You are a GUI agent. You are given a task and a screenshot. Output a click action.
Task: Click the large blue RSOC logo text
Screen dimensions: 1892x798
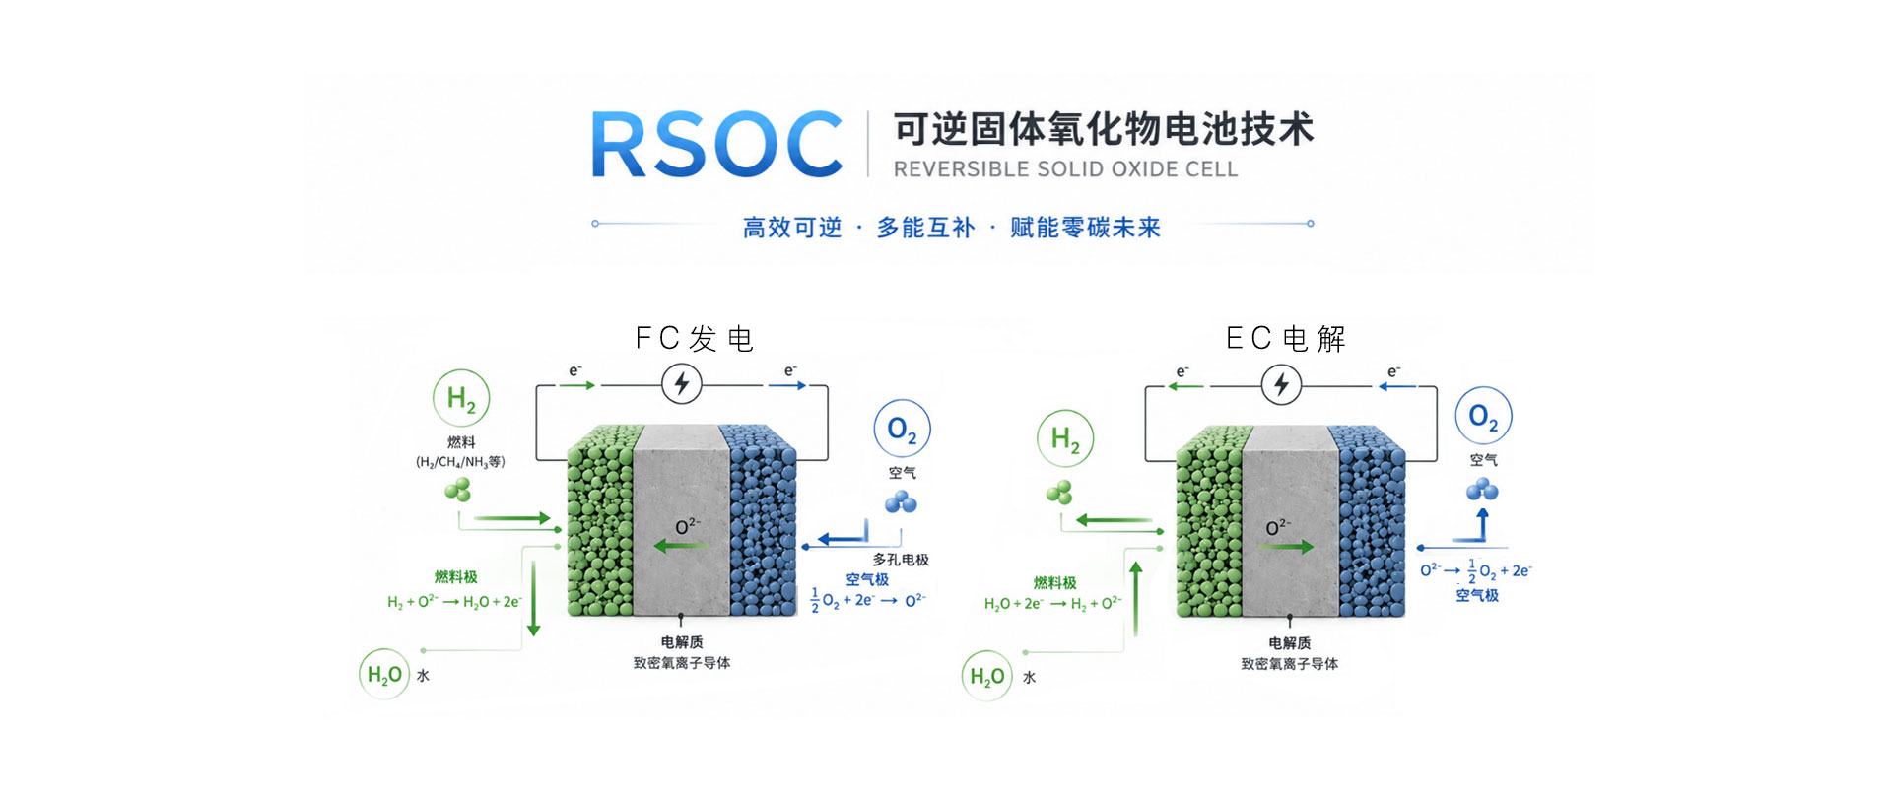click(x=716, y=145)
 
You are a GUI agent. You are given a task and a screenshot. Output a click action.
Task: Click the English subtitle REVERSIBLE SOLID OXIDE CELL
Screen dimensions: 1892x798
click(x=1065, y=169)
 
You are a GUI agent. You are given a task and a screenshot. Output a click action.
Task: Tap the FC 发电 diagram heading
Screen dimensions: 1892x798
click(x=694, y=339)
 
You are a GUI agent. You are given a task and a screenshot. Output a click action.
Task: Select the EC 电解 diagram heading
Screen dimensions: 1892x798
click(x=1285, y=339)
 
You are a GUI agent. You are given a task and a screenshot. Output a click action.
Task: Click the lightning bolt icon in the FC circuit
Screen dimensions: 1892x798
click(x=681, y=383)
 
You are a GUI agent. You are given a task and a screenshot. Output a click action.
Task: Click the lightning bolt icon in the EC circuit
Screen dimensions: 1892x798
click(x=1281, y=384)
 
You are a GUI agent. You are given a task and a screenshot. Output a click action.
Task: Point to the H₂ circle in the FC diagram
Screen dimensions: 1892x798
click(x=461, y=398)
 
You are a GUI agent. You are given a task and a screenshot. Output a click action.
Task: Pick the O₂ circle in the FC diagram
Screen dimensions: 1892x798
click(x=902, y=429)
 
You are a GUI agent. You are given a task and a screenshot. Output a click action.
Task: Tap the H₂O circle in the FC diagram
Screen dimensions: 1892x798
click(x=383, y=675)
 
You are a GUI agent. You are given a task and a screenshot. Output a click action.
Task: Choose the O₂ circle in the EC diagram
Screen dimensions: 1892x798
click(x=1483, y=416)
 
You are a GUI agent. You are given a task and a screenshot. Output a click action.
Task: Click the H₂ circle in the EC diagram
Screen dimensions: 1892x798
click(x=1065, y=438)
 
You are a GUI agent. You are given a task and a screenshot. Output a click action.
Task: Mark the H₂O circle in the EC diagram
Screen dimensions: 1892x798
click(x=986, y=676)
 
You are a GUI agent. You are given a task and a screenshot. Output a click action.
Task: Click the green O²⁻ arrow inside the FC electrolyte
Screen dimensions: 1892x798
click(x=681, y=545)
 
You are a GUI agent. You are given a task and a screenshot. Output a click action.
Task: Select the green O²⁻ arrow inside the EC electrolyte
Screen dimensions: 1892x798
click(x=1286, y=546)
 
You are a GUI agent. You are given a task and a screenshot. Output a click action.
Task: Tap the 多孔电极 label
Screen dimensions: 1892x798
click(x=901, y=560)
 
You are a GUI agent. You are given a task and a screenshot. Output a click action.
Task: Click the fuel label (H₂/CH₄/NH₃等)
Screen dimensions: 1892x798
click(x=460, y=462)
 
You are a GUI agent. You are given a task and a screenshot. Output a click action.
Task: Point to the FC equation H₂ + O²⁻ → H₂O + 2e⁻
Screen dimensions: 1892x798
click(x=454, y=601)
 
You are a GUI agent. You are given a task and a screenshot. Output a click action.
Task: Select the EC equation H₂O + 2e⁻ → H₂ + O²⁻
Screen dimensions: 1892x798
click(x=1052, y=603)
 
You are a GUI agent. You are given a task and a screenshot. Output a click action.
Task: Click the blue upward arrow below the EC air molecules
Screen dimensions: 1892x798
click(x=1482, y=525)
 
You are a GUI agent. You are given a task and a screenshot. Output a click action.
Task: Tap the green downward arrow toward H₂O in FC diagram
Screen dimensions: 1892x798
click(x=534, y=598)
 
